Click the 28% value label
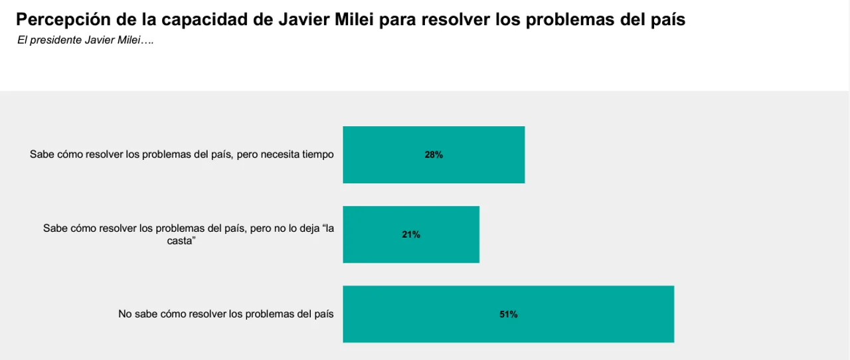point(434,155)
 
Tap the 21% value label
point(411,234)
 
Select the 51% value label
point(509,315)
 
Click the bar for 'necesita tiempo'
point(478,155)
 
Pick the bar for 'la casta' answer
point(452,234)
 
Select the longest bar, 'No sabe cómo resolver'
point(598,315)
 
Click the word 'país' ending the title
point(667,19)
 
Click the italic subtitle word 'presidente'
point(56,41)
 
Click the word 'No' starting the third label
point(125,314)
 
